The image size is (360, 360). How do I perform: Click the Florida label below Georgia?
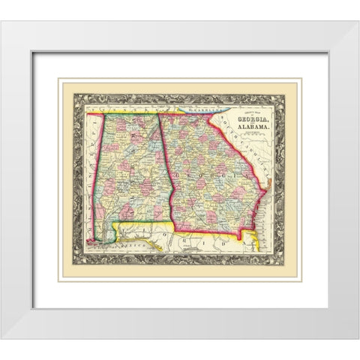214,244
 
